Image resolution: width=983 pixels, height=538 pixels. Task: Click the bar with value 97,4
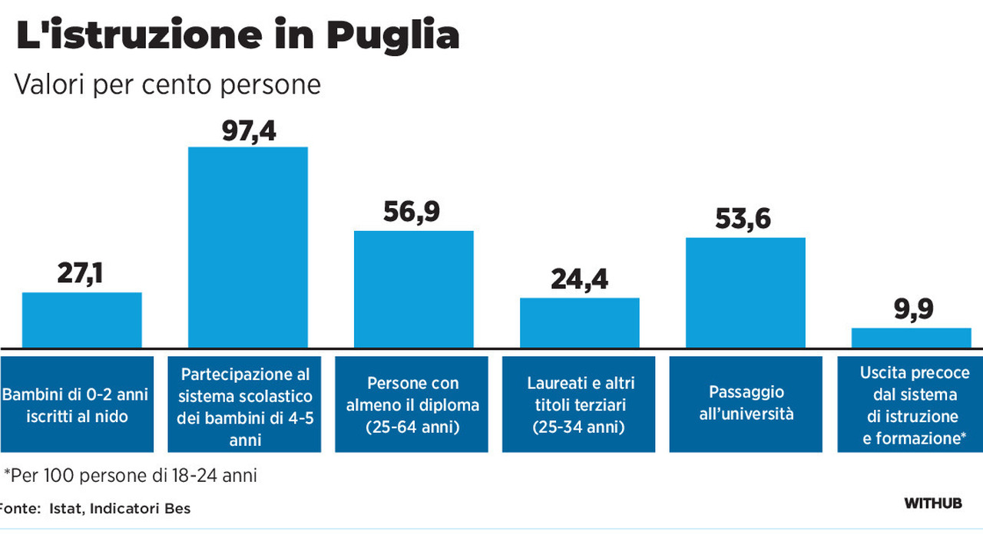coord(248,246)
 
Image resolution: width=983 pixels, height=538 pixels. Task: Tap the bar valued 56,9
coord(413,289)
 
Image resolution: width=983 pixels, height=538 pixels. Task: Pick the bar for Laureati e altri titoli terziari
coord(580,322)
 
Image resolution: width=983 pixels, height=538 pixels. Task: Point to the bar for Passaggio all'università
coord(745,292)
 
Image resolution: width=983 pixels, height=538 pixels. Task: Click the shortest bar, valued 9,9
coord(911,338)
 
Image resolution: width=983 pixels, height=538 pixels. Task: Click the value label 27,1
coord(81,272)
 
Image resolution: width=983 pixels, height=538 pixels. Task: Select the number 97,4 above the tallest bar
coord(248,130)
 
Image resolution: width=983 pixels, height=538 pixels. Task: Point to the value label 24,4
coord(580,279)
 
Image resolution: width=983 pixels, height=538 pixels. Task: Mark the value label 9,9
coord(913,309)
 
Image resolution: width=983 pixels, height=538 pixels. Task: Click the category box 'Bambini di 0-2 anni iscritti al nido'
coord(76,404)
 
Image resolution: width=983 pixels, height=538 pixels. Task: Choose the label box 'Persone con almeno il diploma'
coord(412,404)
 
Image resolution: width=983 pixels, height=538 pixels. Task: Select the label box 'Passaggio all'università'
coord(745,404)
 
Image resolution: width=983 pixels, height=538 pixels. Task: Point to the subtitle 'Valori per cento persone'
coord(167,84)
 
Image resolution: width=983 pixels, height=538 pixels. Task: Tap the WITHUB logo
coord(932,503)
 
